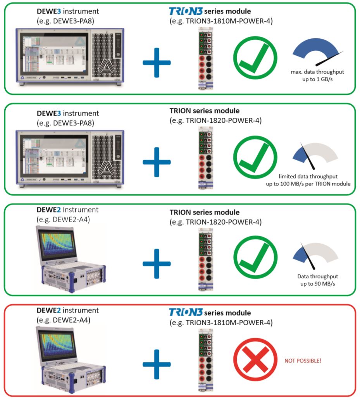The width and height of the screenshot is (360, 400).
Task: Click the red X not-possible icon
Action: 255,361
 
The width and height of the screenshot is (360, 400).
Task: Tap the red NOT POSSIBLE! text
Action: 303,361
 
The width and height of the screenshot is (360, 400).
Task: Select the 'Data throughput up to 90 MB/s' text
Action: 317,280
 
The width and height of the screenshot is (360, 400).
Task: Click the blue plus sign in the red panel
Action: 157,364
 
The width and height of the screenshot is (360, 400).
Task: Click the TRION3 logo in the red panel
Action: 185,312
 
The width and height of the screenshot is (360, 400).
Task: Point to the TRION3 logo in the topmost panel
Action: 185,11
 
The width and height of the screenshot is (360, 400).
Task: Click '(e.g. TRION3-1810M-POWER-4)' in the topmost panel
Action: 221,21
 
